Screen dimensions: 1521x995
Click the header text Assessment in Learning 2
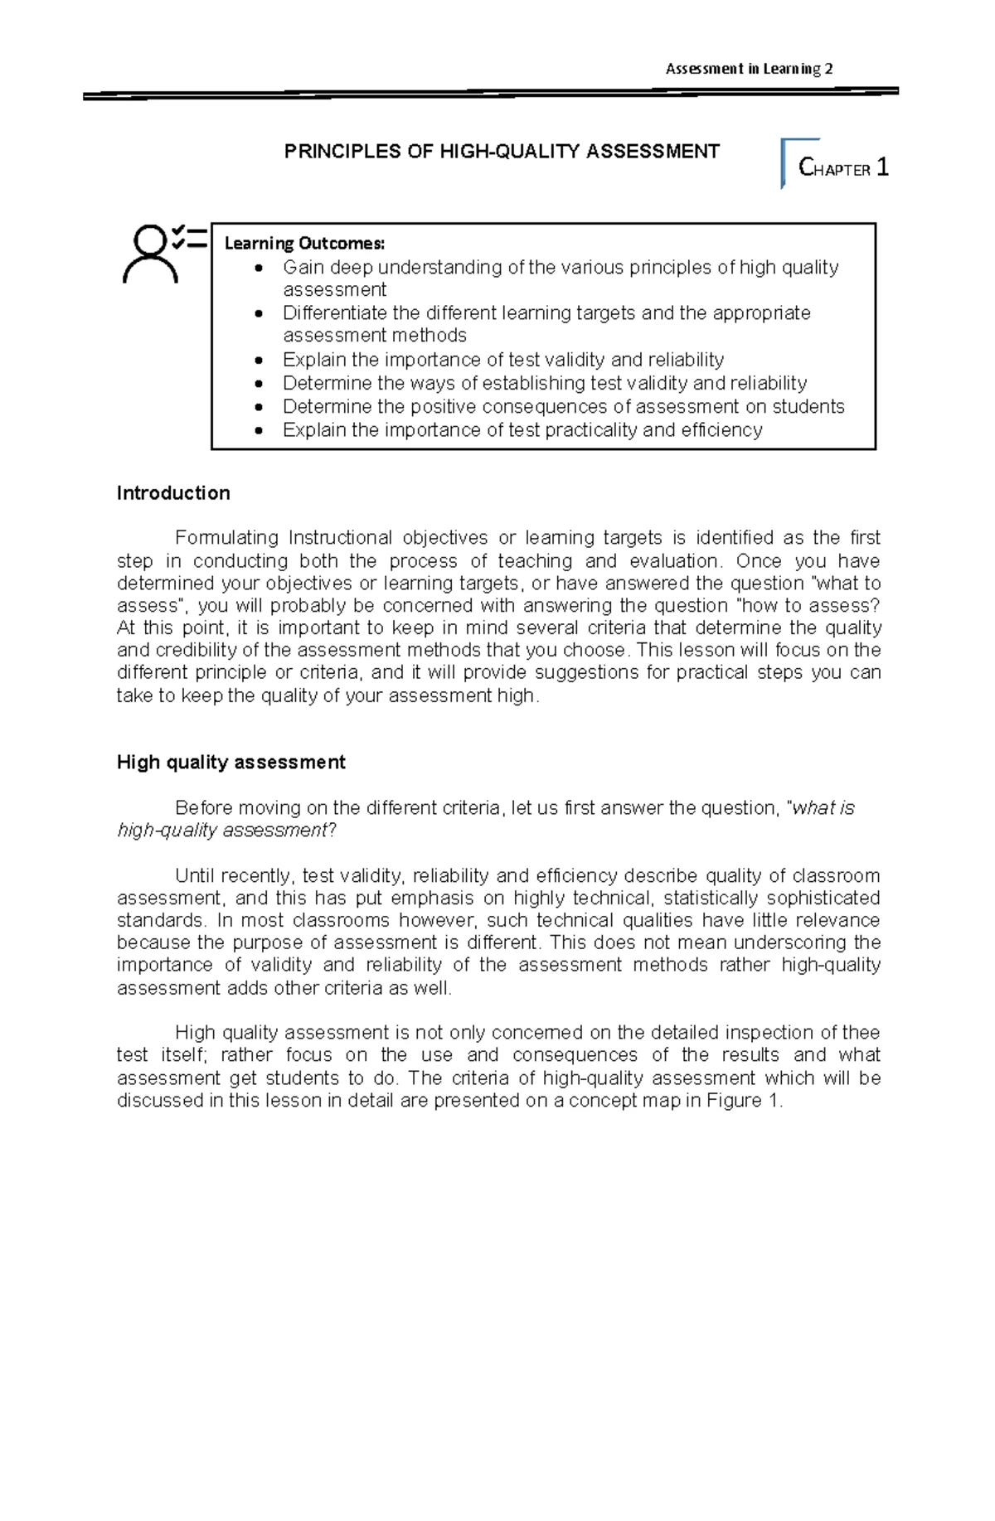[x=749, y=69]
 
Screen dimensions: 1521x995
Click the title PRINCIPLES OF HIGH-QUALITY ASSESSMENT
[x=502, y=152]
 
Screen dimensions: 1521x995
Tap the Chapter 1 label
[x=843, y=168]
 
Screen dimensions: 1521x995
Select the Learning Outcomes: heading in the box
[x=304, y=244]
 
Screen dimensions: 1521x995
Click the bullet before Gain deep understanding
[x=261, y=269]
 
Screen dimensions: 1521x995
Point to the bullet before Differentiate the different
[x=261, y=314]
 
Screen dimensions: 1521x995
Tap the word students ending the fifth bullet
[x=808, y=407]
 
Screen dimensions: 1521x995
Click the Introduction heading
[x=173, y=493]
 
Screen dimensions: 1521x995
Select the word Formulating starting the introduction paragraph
[x=226, y=538]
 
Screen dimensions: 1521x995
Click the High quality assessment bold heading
[x=231, y=763]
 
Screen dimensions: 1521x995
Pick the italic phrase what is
[x=823, y=808]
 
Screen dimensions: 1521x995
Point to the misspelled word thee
[x=861, y=1033]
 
